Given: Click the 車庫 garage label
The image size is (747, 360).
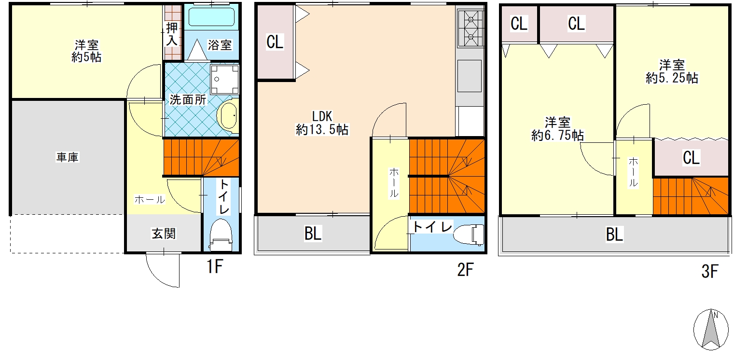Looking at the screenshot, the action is pos(68,157).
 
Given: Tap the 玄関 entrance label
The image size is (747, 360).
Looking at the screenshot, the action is pos(164,234).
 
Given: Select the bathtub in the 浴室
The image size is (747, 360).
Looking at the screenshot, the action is pos(211,17).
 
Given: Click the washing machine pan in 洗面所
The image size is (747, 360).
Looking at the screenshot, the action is pos(225,80).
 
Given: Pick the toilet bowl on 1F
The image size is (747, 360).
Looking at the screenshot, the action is pos(221,235).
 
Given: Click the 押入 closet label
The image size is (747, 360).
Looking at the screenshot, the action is pos(172,34).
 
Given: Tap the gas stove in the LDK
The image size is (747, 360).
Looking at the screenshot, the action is pos(470,28).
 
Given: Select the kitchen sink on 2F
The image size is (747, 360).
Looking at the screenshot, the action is pos(469,76).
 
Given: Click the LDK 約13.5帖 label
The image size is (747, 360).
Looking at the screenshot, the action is pos(322,123).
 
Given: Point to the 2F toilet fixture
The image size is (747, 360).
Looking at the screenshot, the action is pos(469,234).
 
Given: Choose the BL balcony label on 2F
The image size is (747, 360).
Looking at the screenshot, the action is pos(313,234).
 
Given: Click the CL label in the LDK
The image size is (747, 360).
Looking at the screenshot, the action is pos(275,42).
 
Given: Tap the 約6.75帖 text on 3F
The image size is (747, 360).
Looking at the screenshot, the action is pos(557,136).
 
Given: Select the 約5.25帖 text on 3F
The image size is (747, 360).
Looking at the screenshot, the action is pos(672,78).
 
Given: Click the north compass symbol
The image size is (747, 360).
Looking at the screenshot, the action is pos(711,330).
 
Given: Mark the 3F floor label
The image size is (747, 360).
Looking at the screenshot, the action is pos(710,271).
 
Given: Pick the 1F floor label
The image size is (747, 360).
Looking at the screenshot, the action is pos(214,266).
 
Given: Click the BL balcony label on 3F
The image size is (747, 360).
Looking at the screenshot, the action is pos(614,234).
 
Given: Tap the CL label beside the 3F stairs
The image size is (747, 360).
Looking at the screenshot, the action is pos(691,157).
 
